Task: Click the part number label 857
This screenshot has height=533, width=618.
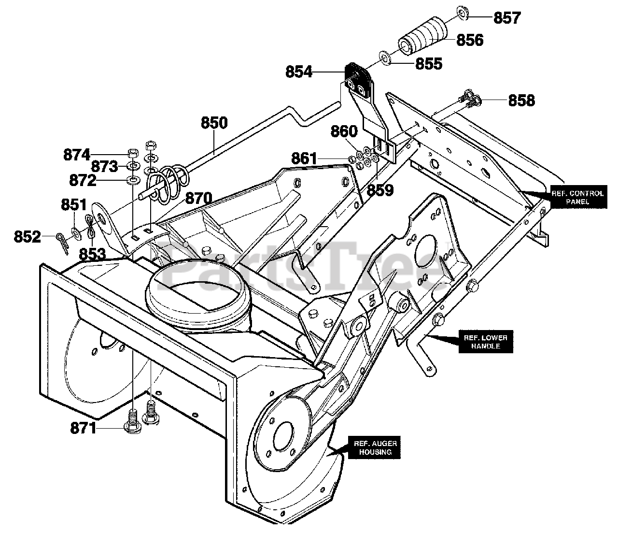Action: tap(506, 18)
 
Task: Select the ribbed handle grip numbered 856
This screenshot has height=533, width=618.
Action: tap(423, 37)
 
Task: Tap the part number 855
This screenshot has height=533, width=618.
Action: tap(427, 63)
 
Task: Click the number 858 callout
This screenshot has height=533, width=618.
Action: tap(521, 101)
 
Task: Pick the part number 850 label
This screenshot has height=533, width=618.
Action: tap(214, 123)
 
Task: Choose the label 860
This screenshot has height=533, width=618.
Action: tap(344, 131)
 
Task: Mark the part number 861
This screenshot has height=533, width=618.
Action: tap(305, 158)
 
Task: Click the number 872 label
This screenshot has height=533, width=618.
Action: tap(83, 181)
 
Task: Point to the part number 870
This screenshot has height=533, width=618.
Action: tap(198, 198)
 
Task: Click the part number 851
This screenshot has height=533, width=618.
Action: tap(73, 204)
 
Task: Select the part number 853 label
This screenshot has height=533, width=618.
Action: tap(93, 254)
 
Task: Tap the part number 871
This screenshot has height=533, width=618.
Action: tap(83, 428)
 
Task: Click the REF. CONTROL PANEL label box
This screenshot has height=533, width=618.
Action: tap(577, 197)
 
